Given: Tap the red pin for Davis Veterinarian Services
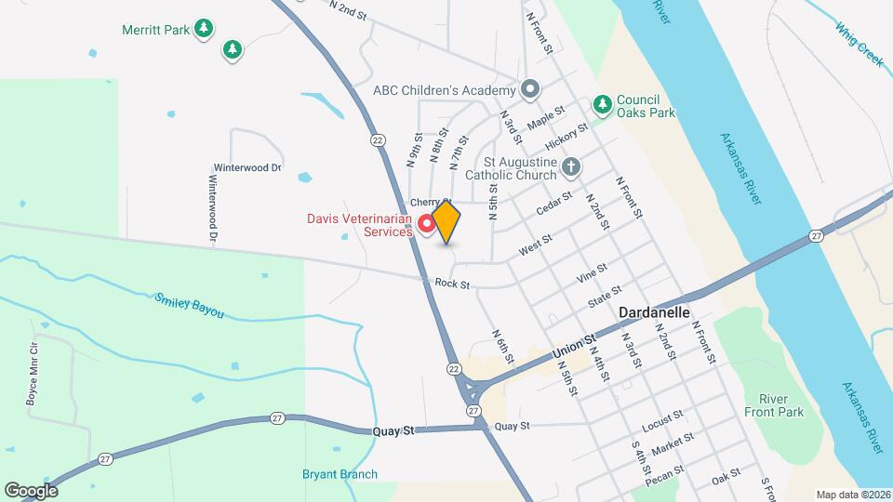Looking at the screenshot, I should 427,224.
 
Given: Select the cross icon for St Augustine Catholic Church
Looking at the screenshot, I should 572,167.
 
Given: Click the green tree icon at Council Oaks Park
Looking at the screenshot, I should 603,101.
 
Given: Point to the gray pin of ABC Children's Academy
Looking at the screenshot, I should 530,90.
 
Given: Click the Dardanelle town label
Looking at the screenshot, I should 655,313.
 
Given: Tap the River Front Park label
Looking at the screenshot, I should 773,405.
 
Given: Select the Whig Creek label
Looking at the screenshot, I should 858,44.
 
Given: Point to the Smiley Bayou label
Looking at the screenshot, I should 190,305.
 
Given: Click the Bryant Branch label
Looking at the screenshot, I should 340,474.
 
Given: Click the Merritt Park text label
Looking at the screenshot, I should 156,30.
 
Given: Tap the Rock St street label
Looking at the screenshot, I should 452,283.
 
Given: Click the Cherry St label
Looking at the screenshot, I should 431,202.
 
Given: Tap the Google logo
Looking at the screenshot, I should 31,490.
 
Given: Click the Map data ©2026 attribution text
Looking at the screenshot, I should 853,495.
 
